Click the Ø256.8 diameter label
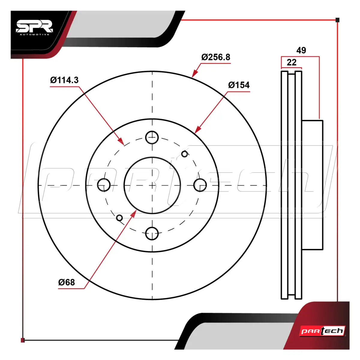(x=216, y=57)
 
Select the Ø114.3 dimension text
(x=64, y=80)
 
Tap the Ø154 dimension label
(x=239, y=85)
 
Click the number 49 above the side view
(x=301, y=50)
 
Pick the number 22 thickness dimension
(x=292, y=62)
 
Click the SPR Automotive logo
(x=34, y=28)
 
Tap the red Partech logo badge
(x=322, y=331)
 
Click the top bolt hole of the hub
(x=152, y=137)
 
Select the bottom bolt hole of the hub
(x=152, y=233)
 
